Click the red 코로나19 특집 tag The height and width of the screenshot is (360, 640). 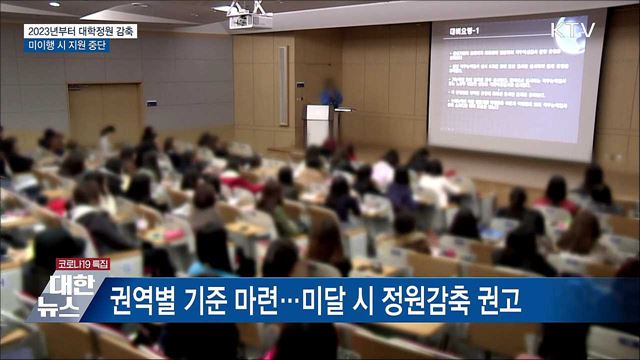coord(82,264)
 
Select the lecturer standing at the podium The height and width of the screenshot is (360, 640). coord(331,100)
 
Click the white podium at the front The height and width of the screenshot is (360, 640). coord(318,125)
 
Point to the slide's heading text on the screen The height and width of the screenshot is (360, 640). coord(462,29)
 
